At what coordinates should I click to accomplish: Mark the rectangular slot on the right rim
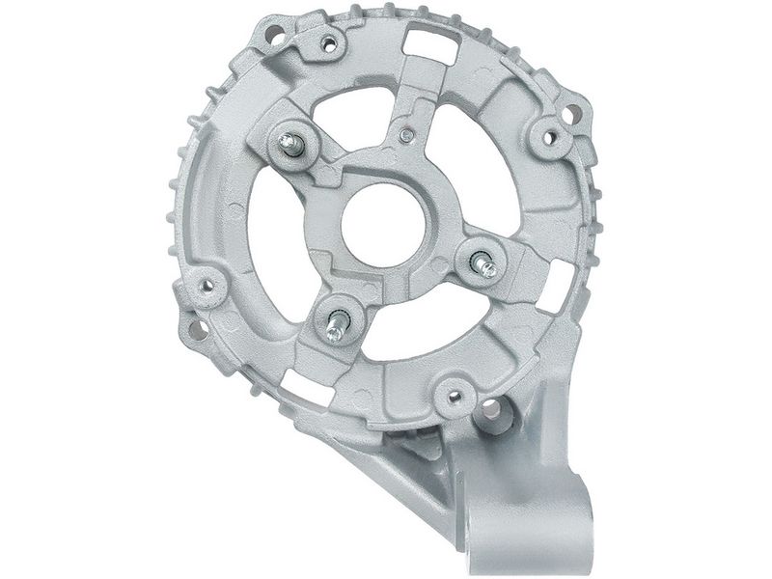[557, 287]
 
